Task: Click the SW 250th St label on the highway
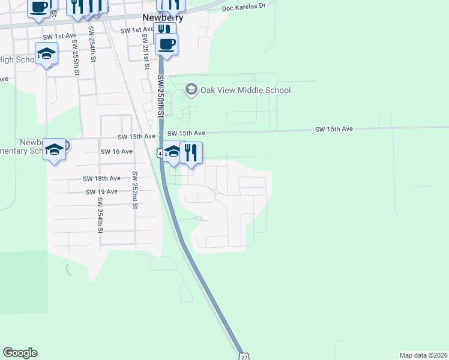coord(161,96)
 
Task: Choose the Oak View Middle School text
coord(246,90)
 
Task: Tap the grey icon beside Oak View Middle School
coord(191,90)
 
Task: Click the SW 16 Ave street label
coord(116,151)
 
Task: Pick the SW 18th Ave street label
coord(102,178)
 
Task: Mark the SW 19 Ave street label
coord(102,191)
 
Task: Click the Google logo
coord(20,353)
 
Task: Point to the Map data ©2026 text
coord(423,355)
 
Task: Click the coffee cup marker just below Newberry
coord(167,43)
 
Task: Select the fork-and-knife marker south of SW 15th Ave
coord(191,152)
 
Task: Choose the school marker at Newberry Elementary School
coord(54,149)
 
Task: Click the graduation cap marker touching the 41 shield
coord(173,152)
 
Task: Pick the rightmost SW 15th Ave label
coord(334,129)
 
